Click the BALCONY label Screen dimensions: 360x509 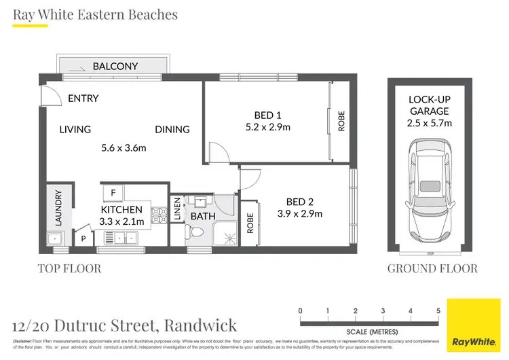coord(115,66)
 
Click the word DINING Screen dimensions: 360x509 coord(172,129)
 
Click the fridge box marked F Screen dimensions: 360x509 coord(113,192)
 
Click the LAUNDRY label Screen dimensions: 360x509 coord(58,208)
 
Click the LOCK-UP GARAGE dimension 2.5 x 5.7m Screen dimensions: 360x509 coord(430,123)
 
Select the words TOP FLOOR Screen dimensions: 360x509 coord(69,268)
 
